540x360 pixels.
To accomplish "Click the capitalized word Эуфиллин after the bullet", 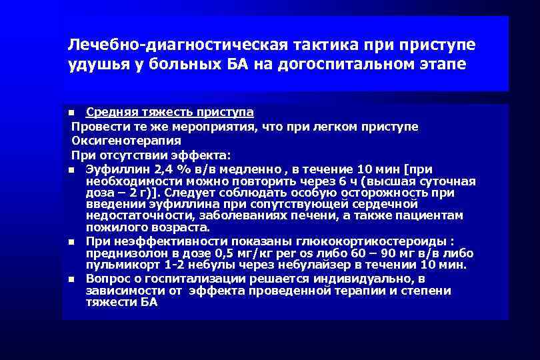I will click(112, 169).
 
